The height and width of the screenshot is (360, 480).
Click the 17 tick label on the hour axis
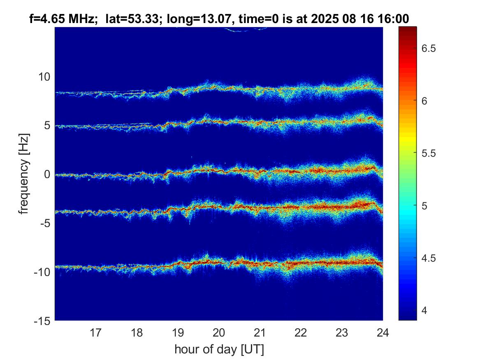[x=96, y=332]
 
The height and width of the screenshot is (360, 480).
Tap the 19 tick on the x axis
[x=178, y=332]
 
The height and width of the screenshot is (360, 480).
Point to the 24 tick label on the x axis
[x=383, y=332]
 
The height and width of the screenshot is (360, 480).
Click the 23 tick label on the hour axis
[x=342, y=332]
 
